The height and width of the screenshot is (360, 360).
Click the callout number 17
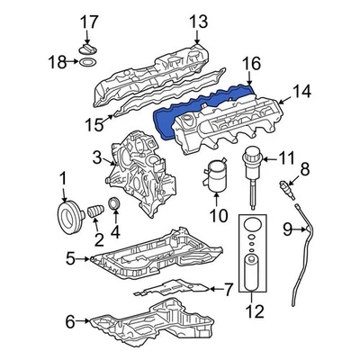87,22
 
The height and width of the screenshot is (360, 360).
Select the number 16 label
250,63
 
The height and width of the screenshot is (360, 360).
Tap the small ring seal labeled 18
86,65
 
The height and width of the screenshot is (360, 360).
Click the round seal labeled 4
114,210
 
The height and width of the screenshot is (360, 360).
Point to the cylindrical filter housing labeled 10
217,180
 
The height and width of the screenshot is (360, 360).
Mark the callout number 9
289,230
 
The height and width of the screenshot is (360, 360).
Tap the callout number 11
286,158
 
